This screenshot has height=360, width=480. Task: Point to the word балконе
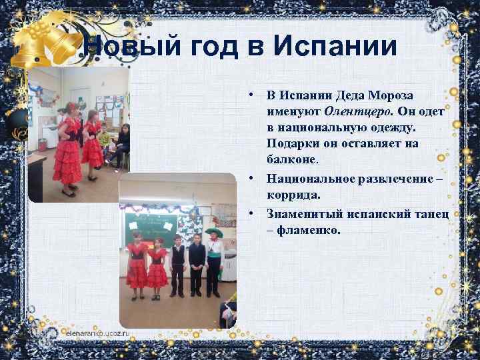(x=292, y=159)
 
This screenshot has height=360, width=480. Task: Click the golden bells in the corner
(x=47, y=40)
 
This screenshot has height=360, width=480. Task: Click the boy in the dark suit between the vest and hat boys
(x=195, y=263)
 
